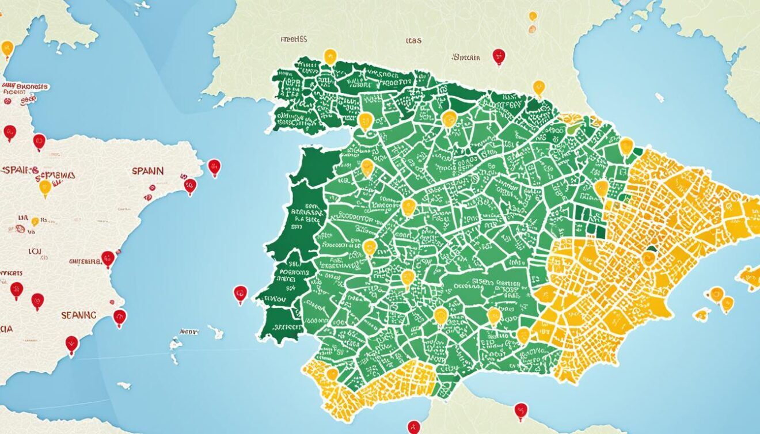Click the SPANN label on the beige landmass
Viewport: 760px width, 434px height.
coord(147,171)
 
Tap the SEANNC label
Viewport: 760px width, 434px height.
coord(79,315)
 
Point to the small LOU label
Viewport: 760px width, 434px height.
coord(35,252)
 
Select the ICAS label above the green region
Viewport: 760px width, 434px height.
coord(413,41)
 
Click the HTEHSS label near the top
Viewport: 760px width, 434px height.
coord(294,40)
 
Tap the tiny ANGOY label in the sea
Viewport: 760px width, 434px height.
coord(189,332)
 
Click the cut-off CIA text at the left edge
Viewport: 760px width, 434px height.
coord(7,330)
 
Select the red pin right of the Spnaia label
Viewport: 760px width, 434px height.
coord(499,56)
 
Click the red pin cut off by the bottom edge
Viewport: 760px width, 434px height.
coord(413,427)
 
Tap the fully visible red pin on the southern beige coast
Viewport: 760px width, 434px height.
coord(520,410)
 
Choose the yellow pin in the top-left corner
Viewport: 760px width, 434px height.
coord(7,49)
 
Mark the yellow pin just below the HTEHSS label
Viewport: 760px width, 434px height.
coord(330,56)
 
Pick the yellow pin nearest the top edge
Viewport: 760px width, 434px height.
coord(533,17)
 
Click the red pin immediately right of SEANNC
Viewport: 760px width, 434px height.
coord(119,317)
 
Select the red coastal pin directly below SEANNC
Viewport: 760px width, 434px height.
coord(71,344)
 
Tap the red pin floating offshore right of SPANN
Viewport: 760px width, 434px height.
coord(214,167)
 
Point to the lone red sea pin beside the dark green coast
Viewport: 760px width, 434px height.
coord(240,294)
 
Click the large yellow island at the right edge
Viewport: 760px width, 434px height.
coord(748,277)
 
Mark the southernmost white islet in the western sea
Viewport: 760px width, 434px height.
coord(123,385)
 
